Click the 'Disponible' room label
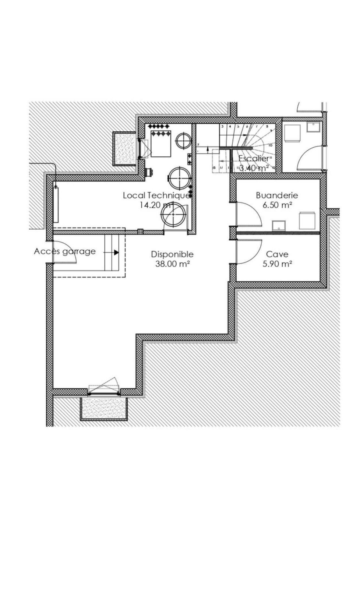click(x=172, y=254)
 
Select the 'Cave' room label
click(x=277, y=254)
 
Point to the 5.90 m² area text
click(x=277, y=264)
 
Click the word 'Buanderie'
click(x=277, y=195)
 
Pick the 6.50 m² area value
click(x=277, y=205)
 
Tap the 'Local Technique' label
click(x=156, y=195)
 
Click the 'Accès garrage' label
click(x=65, y=251)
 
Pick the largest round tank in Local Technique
click(x=173, y=215)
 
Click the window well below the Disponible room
click(x=104, y=409)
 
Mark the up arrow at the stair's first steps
click(x=208, y=149)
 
